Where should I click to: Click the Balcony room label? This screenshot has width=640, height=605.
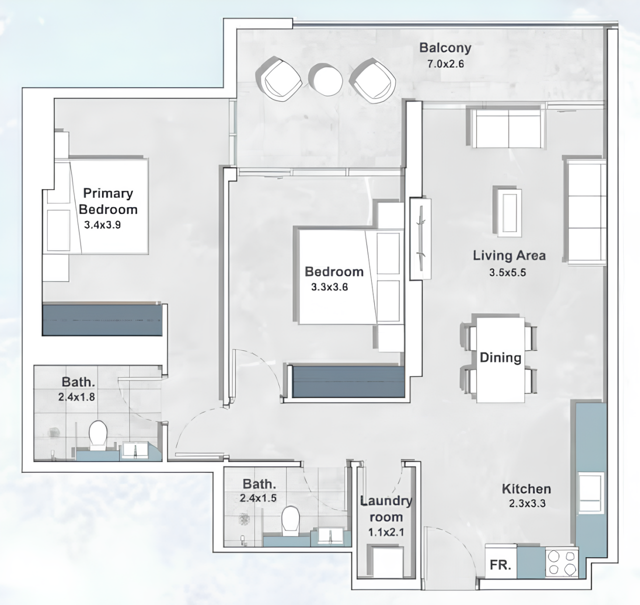tap(445, 48)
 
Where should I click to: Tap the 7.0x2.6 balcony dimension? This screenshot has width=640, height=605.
tap(445, 64)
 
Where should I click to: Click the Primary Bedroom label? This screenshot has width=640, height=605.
tap(108, 201)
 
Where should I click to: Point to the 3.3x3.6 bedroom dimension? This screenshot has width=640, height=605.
tap(329, 287)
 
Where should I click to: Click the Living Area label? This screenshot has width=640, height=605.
tap(509, 255)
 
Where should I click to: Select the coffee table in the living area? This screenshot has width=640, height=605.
tap(507, 211)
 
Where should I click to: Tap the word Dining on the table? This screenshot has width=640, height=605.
tap(500, 357)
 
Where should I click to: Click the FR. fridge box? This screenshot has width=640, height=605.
tap(500, 565)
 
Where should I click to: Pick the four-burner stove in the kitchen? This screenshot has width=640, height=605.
tap(562, 562)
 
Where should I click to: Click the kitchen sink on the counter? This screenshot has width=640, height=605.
tap(591, 492)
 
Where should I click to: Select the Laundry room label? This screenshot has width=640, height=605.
tap(386, 508)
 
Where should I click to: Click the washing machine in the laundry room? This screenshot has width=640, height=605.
tap(385, 562)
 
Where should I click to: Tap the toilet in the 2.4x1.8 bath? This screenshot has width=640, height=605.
tap(97, 434)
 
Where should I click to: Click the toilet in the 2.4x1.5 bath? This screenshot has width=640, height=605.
tap(290, 520)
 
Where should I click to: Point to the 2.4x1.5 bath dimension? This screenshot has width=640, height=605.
tap(258, 498)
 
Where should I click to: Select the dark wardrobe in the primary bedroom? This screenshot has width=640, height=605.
tap(102, 319)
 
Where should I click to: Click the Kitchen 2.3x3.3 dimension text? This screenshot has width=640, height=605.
tap(527, 503)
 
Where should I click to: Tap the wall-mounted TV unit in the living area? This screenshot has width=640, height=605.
tap(420, 238)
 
